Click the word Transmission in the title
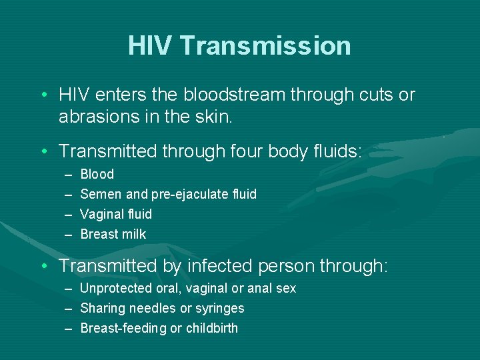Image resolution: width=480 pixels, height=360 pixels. click(x=265, y=46)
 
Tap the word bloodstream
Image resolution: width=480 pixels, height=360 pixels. click(x=230, y=95)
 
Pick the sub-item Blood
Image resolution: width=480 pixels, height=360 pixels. click(x=97, y=175)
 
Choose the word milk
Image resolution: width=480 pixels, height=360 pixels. click(x=133, y=234)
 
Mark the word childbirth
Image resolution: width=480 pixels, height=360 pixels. click(x=212, y=328)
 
